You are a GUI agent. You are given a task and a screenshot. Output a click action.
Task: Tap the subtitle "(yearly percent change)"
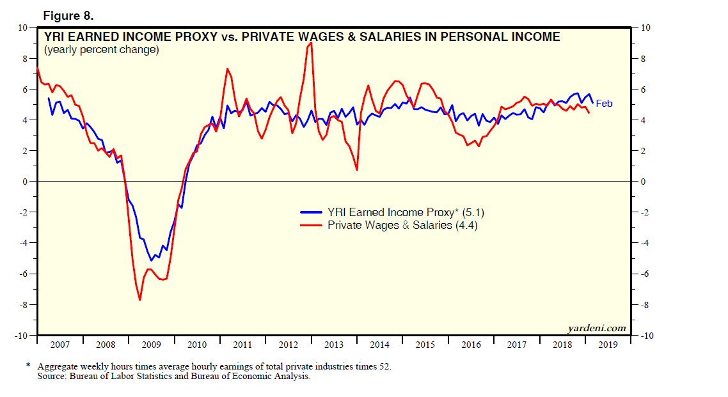[101, 49]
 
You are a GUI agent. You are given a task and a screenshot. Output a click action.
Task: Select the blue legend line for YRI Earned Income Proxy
[312, 212]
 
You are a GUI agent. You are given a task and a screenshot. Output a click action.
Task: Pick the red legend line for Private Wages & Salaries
[312, 225]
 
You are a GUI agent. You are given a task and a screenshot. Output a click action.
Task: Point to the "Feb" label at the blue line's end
[604, 103]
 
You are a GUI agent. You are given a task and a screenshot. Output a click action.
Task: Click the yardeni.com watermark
[596, 328]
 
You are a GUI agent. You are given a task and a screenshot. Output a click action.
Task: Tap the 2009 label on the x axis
[151, 345]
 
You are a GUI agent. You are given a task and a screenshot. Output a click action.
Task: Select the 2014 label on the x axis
[379, 345]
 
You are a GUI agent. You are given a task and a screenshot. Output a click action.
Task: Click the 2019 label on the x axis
[608, 345]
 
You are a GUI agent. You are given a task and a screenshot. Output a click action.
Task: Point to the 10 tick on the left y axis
[22, 27]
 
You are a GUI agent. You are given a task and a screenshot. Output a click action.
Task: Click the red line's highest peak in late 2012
[311, 43]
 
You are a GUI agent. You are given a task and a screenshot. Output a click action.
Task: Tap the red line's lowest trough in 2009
[139, 300]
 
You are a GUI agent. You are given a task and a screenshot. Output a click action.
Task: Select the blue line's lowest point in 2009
[151, 260]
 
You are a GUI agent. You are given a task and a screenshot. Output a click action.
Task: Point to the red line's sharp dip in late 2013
[356, 169]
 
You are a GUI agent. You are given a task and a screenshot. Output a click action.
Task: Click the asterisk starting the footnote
[28, 367]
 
